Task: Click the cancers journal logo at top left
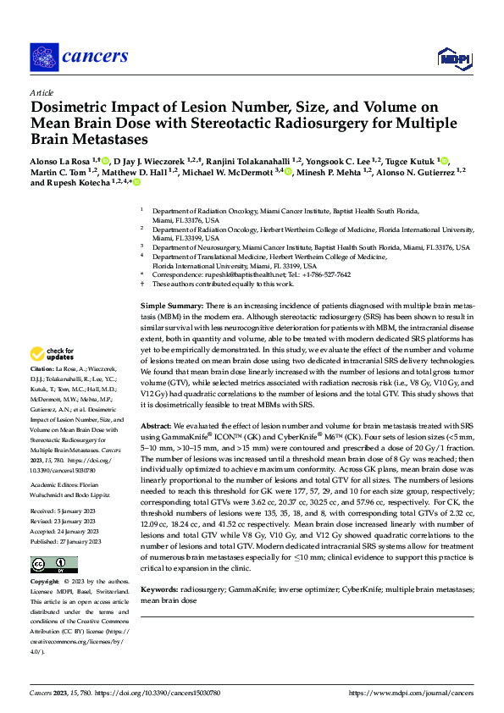(x=79, y=57)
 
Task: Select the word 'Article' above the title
(x=41, y=92)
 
